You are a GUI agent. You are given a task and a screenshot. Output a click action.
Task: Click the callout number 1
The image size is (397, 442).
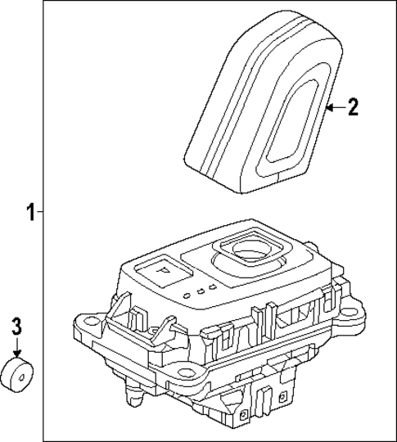29,214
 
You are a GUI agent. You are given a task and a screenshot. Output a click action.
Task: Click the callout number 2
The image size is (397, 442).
353,107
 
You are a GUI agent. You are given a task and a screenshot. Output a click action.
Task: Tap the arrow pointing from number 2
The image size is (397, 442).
332,107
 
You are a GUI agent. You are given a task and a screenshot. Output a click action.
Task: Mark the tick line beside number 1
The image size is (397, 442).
41,214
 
